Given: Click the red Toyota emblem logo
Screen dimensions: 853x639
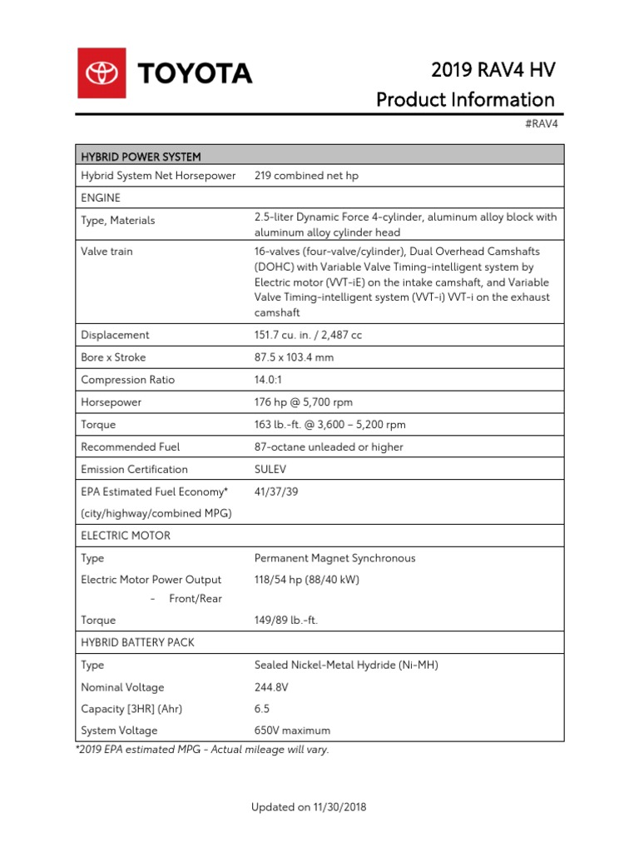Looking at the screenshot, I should point(102,73).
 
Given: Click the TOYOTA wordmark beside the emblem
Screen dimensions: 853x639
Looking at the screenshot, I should point(195,74).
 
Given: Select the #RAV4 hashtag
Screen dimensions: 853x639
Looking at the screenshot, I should point(541,123).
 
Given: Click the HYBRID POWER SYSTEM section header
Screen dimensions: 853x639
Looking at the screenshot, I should point(141,156).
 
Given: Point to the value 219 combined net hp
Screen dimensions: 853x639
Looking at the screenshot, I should point(306,176).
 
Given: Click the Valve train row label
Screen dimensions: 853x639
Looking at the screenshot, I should point(106,251).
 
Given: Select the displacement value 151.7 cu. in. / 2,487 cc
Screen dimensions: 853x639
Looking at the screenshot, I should point(308,335).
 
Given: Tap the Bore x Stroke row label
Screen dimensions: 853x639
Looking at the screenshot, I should point(113,357).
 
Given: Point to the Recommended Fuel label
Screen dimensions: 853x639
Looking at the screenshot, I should point(130,447).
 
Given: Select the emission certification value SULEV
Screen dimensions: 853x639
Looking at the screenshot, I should point(270,470).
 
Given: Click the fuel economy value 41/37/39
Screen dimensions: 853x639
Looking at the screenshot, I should point(276,492).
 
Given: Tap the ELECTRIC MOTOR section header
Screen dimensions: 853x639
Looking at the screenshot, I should point(126,536).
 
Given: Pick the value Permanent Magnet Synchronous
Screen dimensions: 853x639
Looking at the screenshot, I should point(334,558).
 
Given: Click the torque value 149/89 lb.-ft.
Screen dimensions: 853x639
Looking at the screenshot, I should point(286,621).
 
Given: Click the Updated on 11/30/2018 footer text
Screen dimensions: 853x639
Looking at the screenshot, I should point(309,807).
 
